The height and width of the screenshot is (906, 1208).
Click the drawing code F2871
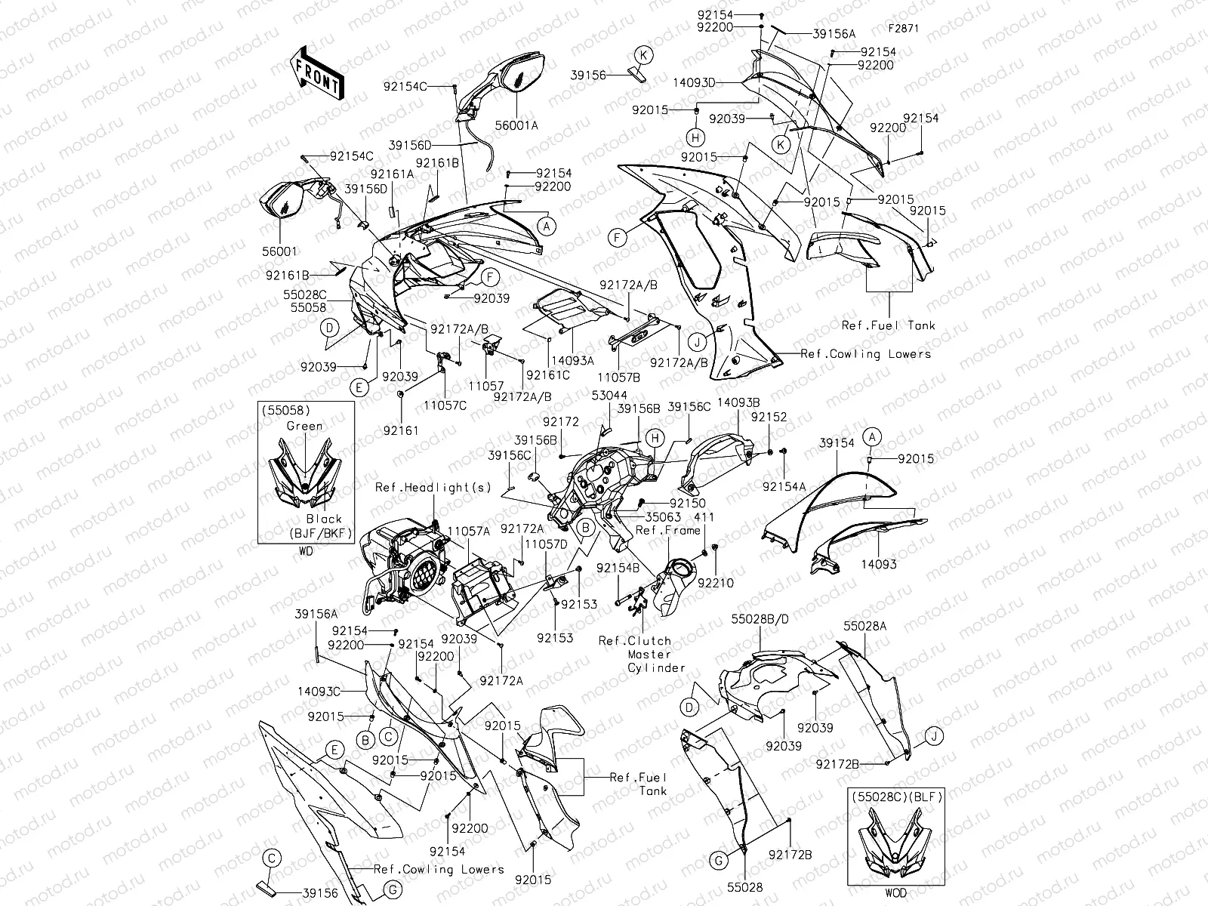pos(905,29)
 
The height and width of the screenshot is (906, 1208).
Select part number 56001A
pos(516,126)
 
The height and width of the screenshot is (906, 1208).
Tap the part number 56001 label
pos(281,251)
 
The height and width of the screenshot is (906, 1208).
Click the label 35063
pos(663,517)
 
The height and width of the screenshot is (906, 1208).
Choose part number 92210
pos(715,583)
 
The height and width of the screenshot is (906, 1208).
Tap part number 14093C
pos(318,691)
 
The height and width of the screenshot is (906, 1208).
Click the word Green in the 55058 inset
pos(304,426)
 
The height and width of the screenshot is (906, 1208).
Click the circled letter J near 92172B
pos(932,735)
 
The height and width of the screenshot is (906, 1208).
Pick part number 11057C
pos(444,405)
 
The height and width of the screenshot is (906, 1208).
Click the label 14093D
pos(696,83)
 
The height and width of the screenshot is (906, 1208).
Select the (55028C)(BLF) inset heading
pos(895,796)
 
